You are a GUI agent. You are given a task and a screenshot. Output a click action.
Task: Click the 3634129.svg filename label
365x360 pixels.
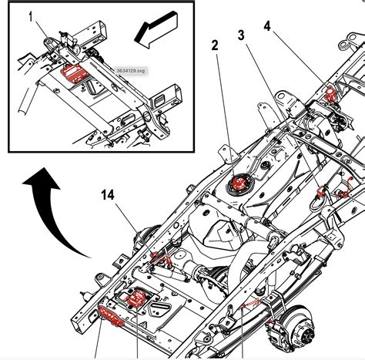(x=133, y=70)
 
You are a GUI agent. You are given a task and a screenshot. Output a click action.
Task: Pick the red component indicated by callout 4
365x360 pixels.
(x=332, y=95)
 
